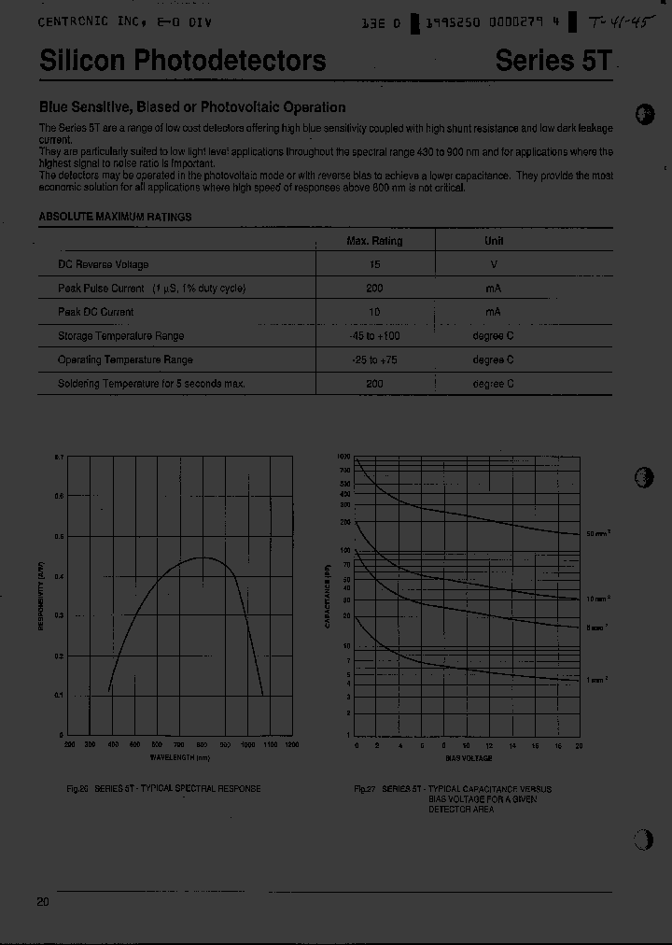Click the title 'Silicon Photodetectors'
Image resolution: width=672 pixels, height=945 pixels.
click(183, 61)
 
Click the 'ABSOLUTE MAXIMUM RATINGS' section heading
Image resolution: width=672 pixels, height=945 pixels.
click(115, 217)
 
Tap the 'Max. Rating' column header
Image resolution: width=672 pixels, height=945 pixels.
click(374, 241)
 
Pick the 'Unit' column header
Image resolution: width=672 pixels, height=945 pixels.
click(494, 241)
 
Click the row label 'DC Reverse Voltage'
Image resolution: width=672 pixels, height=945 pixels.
click(103, 265)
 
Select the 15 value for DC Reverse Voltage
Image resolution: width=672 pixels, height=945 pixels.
click(374, 265)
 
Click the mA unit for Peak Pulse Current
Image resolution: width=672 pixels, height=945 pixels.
click(494, 289)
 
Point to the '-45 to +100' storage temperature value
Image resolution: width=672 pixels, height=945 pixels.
click(374, 336)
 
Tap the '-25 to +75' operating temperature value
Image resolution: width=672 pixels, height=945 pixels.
click(374, 360)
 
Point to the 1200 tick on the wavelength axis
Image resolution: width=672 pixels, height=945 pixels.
click(291, 745)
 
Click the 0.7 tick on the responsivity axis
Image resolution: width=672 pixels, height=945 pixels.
click(58, 457)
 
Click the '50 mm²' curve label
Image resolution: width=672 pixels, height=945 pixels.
click(597, 533)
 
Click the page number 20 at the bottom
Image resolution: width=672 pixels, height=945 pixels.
click(43, 901)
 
